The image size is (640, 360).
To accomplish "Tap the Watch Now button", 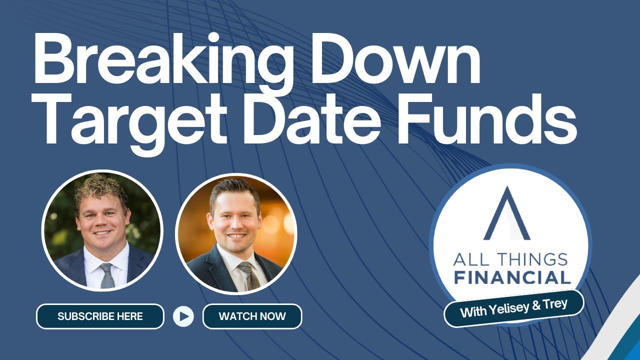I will (x=252, y=316).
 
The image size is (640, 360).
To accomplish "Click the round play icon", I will (x=183, y=316).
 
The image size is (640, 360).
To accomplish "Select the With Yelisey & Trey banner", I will (x=513, y=308).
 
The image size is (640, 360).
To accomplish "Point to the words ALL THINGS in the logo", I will (x=510, y=259).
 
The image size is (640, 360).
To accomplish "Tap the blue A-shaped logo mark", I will (x=506, y=214).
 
